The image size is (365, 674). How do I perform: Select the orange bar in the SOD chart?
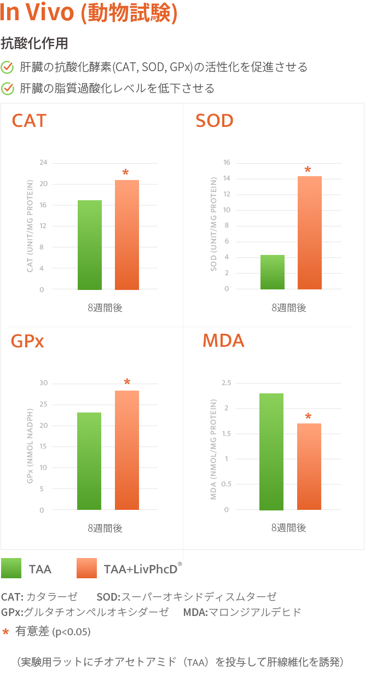click(x=310, y=233)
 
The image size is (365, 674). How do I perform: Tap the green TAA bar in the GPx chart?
click(x=89, y=461)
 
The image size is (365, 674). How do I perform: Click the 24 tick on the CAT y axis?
click(x=43, y=162)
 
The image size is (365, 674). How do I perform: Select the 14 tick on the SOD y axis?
click(x=226, y=178)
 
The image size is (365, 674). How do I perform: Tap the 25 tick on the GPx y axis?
click(x=43, y=404)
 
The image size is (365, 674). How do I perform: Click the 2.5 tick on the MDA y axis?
click(x=225, y=382)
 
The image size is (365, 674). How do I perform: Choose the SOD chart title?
click(x=215, y=120)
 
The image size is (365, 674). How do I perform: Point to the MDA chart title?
click(x=223, y=340)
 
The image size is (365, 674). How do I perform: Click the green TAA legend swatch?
click(x=11, y=568)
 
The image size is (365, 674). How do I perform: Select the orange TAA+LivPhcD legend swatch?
click(x=86, y=568)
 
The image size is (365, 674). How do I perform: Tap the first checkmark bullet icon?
click(x=8, y=67)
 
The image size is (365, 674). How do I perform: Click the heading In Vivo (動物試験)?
click(x=89, y=14)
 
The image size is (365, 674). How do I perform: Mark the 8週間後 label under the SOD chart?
click(x=289, y=307)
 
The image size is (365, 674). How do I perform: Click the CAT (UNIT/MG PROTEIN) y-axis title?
click(x=30, y=226)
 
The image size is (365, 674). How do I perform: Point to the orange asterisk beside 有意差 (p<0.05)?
click(x=5, y=632)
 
